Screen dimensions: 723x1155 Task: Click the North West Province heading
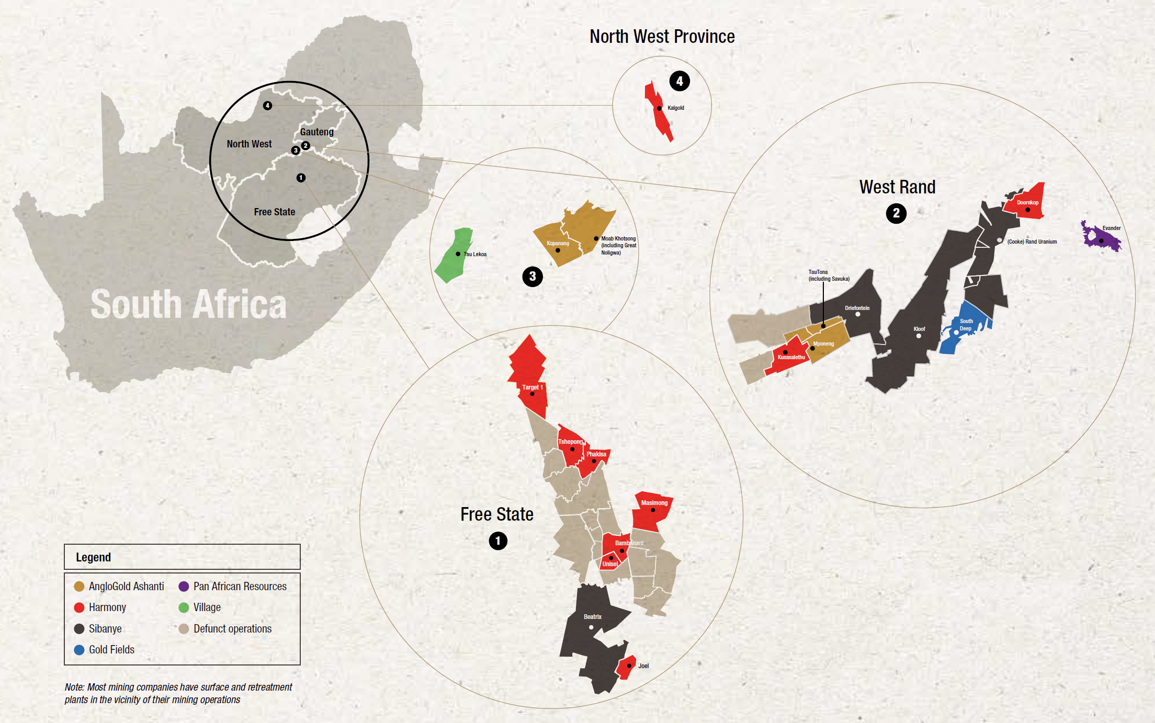click(x=662, y=37)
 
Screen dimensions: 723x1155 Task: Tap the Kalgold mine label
click(x=675, y=108)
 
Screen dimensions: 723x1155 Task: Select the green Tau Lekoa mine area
click(x=454, y=256)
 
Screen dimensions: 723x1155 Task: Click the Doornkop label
click(x=1027, y=202)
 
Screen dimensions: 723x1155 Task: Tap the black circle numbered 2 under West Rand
click(x=896, y=213)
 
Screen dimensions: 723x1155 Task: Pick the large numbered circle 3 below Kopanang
click(x=533, y=277)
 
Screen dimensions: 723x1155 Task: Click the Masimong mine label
click(x=654, y=503)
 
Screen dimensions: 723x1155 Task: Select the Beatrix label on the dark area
click(x=593, y=617)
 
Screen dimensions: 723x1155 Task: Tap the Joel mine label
click(x=643, y=666)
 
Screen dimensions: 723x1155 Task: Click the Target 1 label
click(x=532, y=387)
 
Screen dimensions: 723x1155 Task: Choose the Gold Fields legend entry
click(x=111, y=650)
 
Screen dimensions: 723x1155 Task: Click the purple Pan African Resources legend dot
click(x=184, y=587)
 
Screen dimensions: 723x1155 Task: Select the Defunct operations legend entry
click(x=232, y=629)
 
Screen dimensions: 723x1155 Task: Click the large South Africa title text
click(x=188, y=305)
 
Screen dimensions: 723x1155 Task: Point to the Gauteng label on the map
click(x=316, y=132)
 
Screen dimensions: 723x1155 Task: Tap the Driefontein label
click(x=857, y=308)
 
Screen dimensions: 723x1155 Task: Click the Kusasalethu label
click(x=791, y=358)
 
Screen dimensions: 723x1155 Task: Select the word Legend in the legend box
click(x=93, y=557)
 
